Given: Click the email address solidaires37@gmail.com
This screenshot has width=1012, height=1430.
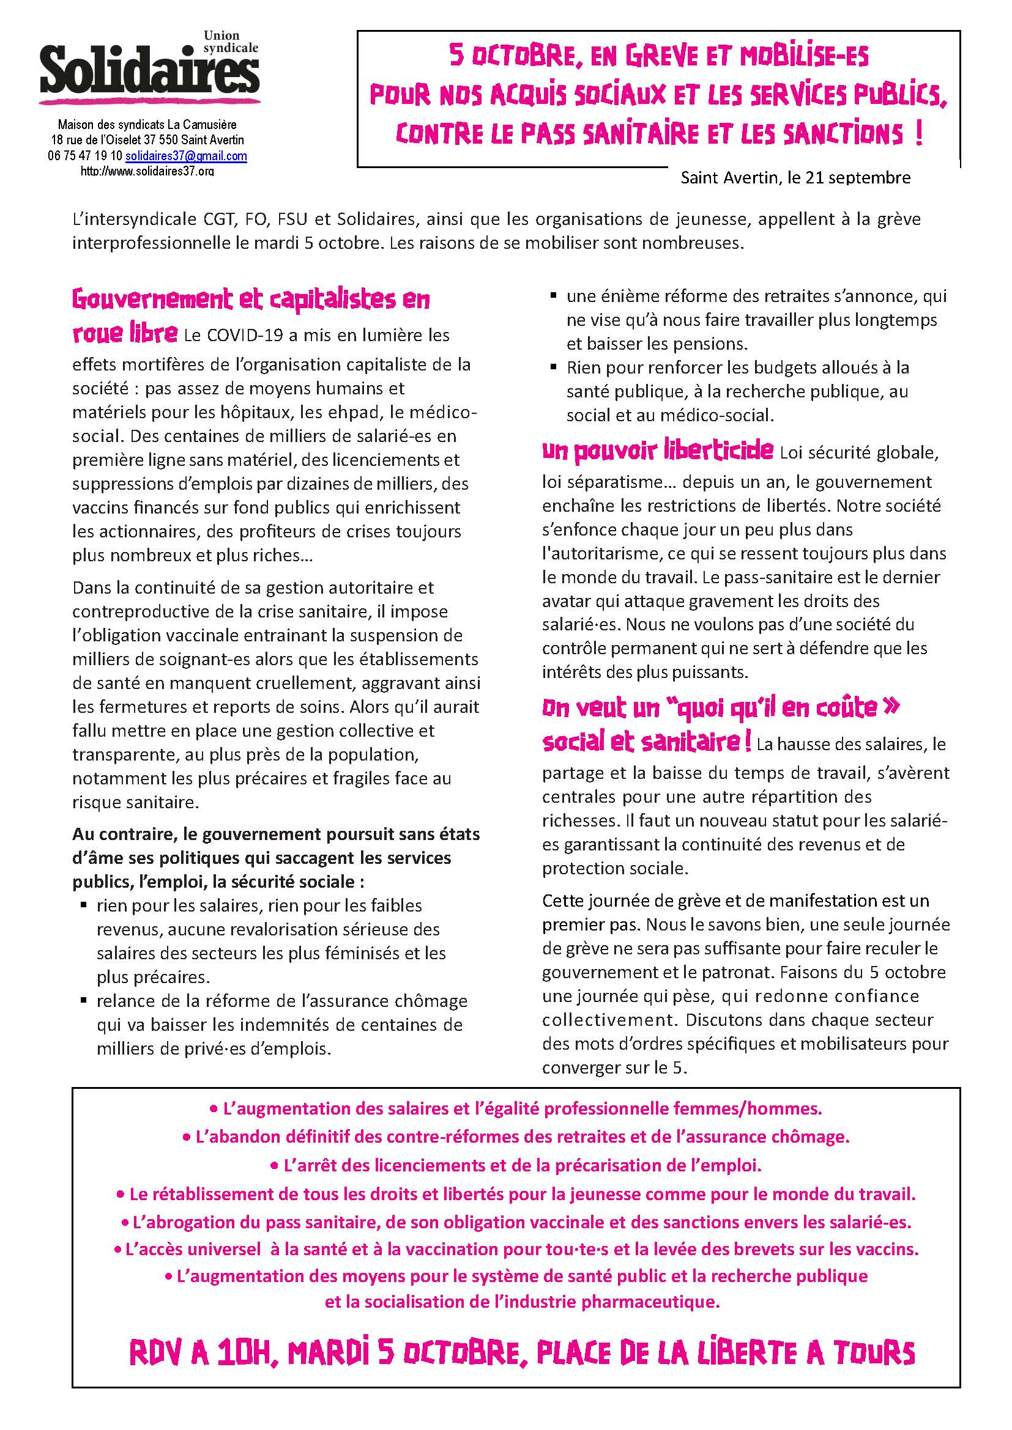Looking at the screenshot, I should point(186,157).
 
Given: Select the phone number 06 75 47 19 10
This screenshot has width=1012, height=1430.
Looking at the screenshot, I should point(85,157).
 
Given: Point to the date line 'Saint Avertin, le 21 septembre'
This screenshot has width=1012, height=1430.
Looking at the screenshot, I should point(795,178).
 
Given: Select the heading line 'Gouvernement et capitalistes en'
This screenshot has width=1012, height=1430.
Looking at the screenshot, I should point(251,300).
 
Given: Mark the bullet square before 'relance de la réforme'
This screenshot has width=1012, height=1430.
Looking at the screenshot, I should point(83,1000).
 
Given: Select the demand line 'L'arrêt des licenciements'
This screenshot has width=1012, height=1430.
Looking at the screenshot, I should point(516,1165).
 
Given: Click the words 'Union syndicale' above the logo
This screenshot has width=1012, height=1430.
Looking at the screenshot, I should point(231,42).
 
